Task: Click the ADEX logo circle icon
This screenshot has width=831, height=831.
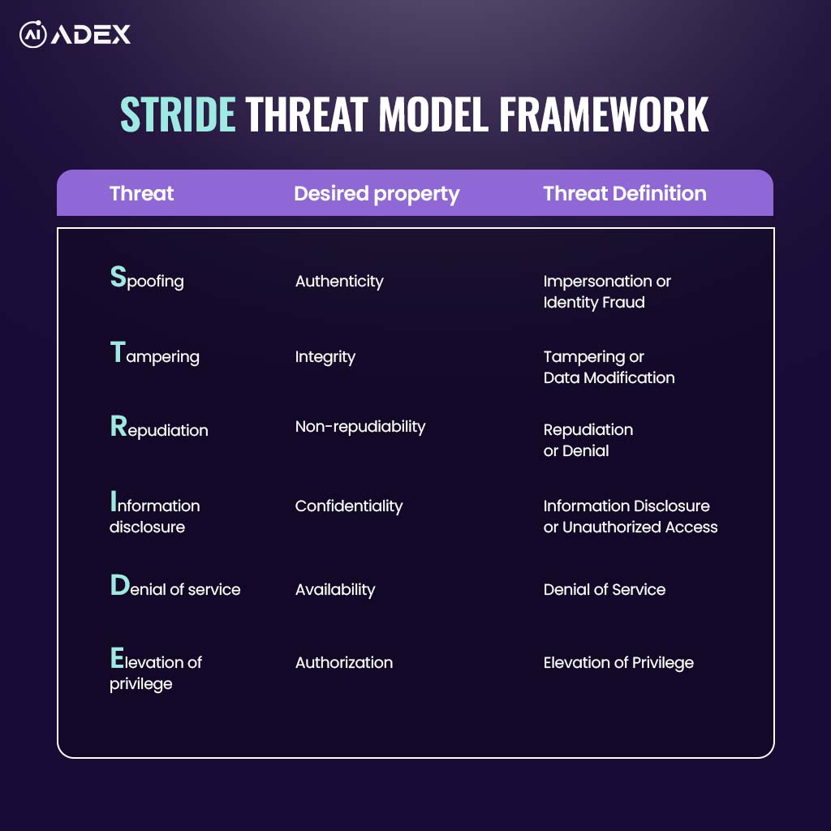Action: pyautogui.click(x=32, y=34)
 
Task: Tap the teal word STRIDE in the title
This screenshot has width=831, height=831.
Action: pyautogui.click(x=178, y=114)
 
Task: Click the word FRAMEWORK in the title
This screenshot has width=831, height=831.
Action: pyautogui.click(x=604, y=114)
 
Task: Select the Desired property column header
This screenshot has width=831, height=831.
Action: pyautogui.click(x=377, y=194)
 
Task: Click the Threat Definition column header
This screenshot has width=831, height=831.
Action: pyautogui.click(x=625, y=193)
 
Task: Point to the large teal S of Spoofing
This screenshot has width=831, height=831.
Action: pyautogui.click(x=118, y=277)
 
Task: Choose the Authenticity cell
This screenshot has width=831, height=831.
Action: pyautogui.click(x=339, y=281)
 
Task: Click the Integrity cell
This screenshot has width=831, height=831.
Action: pyautogui.click(x=325, y=357)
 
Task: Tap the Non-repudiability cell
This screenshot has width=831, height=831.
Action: pyautogui.click(x=360, y=427)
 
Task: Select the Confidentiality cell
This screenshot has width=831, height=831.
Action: pyautogui.click(x=349, y=506)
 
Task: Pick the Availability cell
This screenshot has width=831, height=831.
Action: pyautogui.click(x=335, y=589)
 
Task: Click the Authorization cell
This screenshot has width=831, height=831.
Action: pyautogui.click(x=344, y=662)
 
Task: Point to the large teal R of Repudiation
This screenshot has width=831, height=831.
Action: pyautogui.click(x=118, y=426)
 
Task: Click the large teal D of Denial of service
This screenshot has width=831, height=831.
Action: pyautogui.click(x=120, y=585)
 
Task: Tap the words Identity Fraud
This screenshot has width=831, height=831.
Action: pyautogui.click(x=594, y=302)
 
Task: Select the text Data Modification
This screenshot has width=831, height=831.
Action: pyautogui.click(x=609, y=377)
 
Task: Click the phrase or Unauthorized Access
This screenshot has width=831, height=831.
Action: pyautogui.click(x=631, y=527)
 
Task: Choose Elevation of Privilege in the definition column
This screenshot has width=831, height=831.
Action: pyautogui.click(x=618, y=662)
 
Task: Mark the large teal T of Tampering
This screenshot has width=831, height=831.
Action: pyautogui.click(x=118, y=352)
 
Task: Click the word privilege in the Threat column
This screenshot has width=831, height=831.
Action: pyautogui.click(x=141, y=684)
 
